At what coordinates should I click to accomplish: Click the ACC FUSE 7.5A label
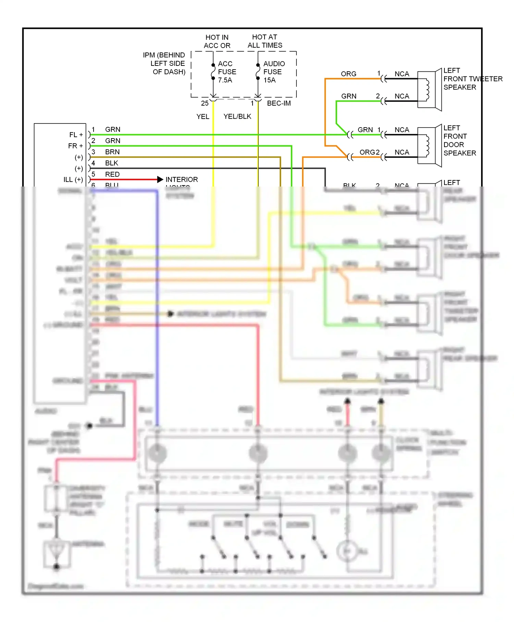click(227, 72)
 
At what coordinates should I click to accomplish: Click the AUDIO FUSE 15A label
click(273, 72)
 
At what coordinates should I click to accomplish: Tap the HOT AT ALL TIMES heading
click(265, 41)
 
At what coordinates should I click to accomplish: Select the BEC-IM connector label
click(279, 103)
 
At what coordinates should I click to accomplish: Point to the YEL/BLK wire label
click(237, 117)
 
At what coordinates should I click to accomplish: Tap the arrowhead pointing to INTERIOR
click(160, 179)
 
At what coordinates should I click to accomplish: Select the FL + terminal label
click(76, 135)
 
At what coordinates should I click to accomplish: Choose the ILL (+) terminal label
click(73, 180)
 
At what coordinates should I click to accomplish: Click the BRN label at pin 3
click(112, 152)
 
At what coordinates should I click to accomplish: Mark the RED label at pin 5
click(112, 175)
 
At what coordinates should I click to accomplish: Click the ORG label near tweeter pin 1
click(348, 74)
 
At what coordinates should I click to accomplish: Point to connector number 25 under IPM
click(205, 103)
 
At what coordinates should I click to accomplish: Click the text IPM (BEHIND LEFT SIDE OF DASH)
click(164, 63)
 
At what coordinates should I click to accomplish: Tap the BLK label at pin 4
click(112, 163)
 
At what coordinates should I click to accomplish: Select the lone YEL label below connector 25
click(203, 117)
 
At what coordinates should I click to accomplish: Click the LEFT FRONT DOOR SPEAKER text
click(459, 141)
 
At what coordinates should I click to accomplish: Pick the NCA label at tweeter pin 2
click(402, 96)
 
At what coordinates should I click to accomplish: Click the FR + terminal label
click(75, 146)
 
